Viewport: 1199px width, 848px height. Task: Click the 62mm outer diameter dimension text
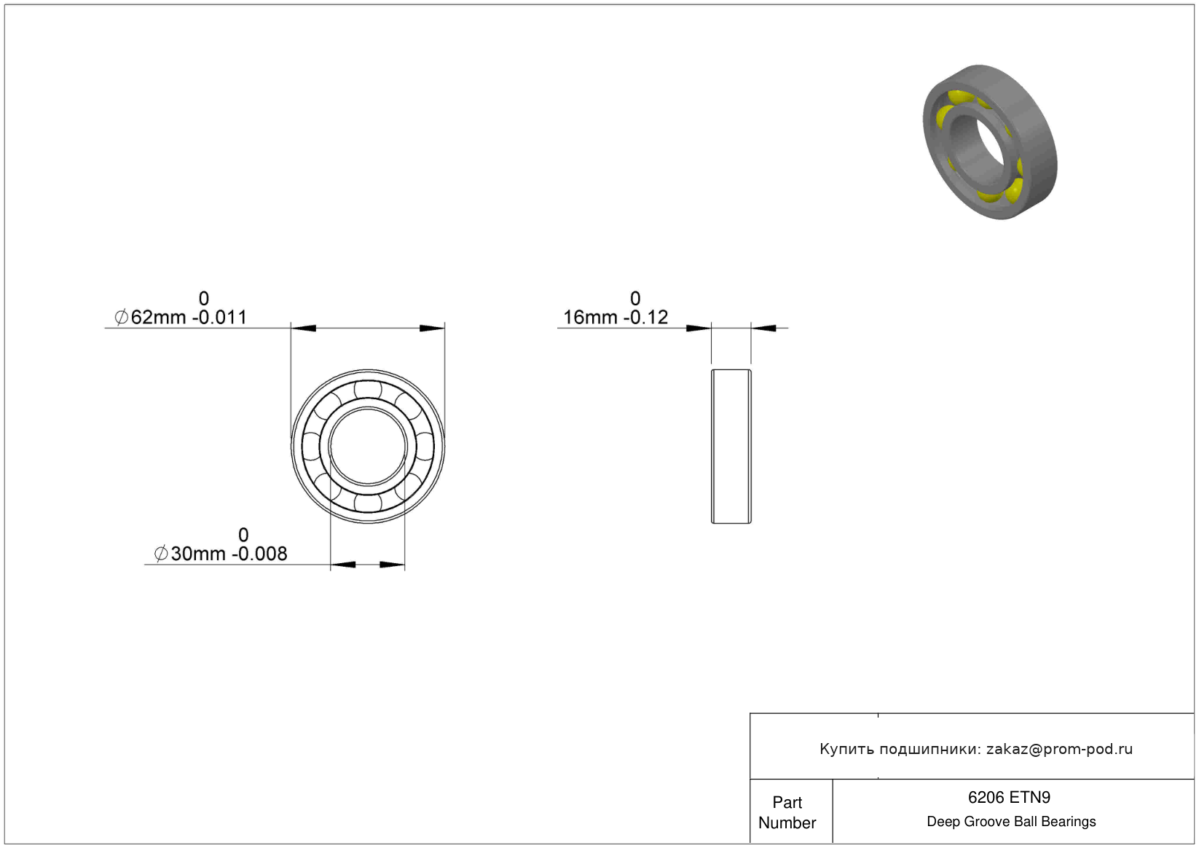pos(159,318)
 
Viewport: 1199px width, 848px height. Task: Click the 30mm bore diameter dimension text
pos(198,554)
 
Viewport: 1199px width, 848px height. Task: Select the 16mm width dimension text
pos(590,318)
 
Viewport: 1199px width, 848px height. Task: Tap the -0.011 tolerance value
pos(219,318)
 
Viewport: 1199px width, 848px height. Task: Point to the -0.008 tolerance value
pos(259,554)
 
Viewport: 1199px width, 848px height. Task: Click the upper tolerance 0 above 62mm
pos(204,298)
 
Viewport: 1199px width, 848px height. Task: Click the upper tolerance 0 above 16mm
pos(635,298)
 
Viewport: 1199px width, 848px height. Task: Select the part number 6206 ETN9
pos(1009,798)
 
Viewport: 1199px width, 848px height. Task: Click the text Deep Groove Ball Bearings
pos(1011,822)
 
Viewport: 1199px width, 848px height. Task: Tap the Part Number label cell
pos(787,812)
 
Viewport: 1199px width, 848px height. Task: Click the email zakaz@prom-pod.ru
pos(1059,750)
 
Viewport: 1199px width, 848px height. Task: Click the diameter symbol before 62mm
pos(122,318)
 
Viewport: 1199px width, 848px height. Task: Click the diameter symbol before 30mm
pos(161,554)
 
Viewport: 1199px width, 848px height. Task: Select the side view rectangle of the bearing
pos(731,447)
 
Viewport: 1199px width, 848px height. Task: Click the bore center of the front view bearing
pos(368,447)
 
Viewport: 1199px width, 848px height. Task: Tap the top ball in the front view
pos(368,390)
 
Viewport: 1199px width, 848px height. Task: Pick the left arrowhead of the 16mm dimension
pos(699,328)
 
